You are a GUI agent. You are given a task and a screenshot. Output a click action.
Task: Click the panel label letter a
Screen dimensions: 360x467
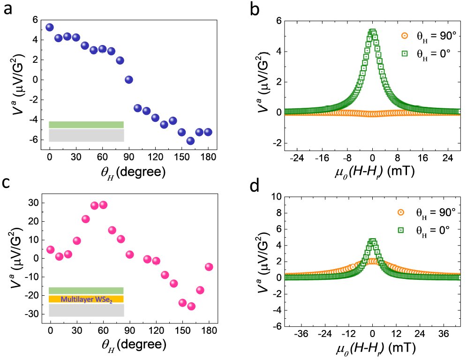[8, 10]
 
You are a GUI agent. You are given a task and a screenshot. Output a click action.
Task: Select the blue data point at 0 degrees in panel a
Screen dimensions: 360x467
[50, 28]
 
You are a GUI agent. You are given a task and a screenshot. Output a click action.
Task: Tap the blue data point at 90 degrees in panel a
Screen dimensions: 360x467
[129, 80]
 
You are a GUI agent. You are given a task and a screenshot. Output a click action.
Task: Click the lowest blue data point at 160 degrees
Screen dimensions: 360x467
[190, 141]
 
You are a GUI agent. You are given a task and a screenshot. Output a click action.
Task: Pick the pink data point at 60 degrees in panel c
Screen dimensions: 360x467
[103, 205]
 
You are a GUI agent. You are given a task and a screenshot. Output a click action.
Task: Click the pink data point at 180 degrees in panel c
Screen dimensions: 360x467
[209, 267]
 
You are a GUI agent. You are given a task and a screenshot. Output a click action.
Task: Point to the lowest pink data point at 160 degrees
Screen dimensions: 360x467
[191, 306]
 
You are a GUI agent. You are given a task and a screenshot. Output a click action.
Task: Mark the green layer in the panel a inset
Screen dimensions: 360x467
[86, 125]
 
